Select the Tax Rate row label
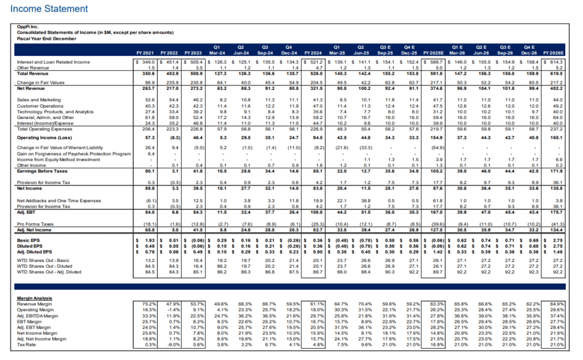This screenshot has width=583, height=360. click(x=28, y=344)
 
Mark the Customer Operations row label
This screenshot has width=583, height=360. click(x=39, y=105)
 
